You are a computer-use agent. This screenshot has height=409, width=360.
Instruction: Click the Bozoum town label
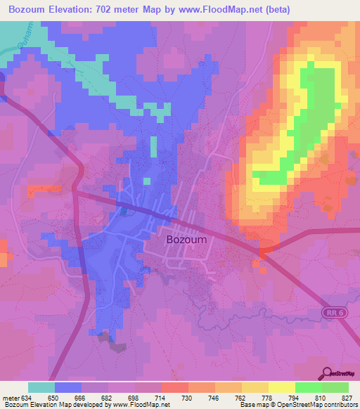[186, 240]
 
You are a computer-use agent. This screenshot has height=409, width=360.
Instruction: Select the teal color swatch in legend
[41, 387]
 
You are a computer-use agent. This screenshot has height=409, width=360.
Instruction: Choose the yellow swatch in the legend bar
[281, 387]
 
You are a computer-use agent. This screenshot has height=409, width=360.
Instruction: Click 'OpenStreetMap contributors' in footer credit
[319, 405]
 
